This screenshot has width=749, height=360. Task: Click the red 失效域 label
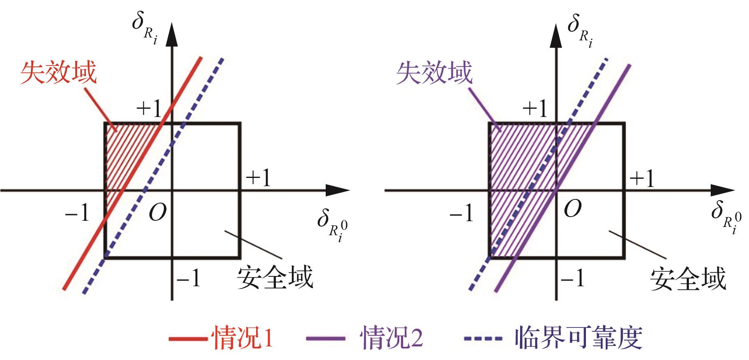click(x=58, y=72)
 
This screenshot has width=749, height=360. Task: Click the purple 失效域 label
click(x=434, y=73)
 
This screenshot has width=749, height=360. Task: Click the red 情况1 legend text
click(x=242, y=338)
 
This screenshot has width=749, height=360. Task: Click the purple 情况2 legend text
click(x=391, y=338)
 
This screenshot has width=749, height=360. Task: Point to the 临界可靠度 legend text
click(x=578, y=338)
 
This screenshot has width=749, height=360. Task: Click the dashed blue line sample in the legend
click(x=483, y=339)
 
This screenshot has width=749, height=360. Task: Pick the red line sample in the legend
click(x=188, y=339)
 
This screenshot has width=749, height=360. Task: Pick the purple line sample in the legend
click(x=325, y=339)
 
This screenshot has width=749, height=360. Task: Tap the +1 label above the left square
click(x=149, y=108)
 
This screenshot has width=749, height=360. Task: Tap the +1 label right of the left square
click(x=258, y=178)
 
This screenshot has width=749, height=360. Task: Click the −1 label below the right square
click(x=572, y=278)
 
